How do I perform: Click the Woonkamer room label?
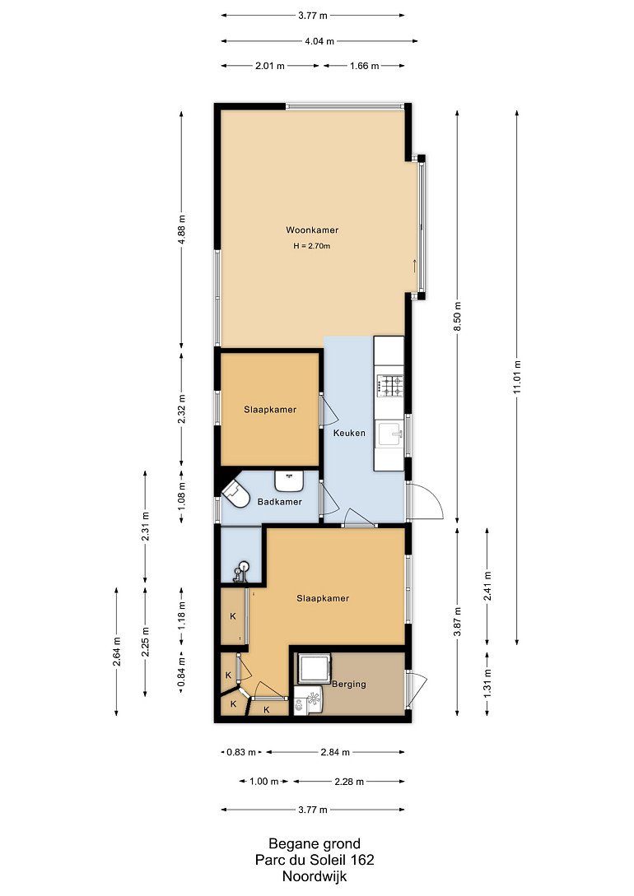[x=312, y=230]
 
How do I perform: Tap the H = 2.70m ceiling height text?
[x=312, y=246]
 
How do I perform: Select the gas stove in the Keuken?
[x=389, y=385]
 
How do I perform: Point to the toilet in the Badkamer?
[x=236, y=493]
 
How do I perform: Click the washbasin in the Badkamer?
[x=289, y=480]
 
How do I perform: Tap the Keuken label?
[x=349, y=433]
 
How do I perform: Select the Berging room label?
[x=349, y=684]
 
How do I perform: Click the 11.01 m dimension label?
[x=517, y=377]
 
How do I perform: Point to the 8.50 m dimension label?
[x=457, y=312]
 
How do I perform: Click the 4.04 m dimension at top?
[x=319, y=41]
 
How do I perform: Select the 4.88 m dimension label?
[x=182, y=230]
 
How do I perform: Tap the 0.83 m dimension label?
[x=241, y=752]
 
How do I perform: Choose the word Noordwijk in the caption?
[x=315, y=876]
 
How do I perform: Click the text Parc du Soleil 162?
[x=315, y=860]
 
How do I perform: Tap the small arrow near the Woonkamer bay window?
[x=414, y=266]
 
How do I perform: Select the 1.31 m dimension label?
[x=487, y=684]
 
